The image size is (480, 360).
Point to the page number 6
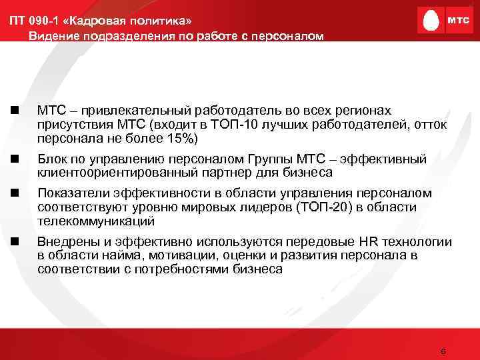pyautogui.click(x=443, y=351)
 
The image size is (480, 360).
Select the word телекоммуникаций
pyautogui.click(x=96, y=221)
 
